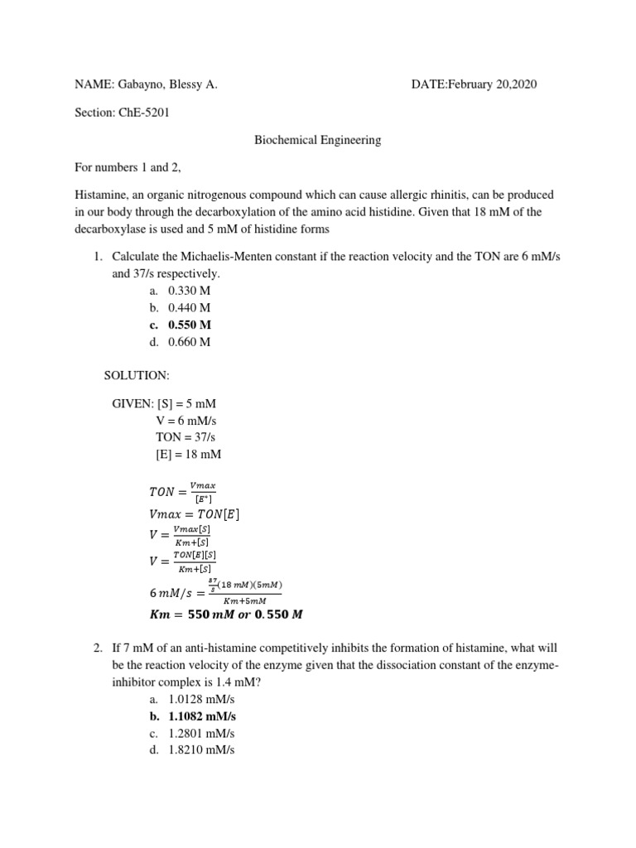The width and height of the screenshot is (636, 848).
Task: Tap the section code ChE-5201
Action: (x=146, y=113)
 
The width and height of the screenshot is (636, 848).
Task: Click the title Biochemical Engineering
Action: (x=317, y=140)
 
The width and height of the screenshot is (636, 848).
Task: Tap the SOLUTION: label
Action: (x=137, y=376)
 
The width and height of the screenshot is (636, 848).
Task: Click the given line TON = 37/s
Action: (x=185, y=437)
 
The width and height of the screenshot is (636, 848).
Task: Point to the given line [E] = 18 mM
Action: (x=188, y=454)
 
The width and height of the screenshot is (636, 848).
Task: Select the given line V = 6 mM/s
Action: (x=186, y=421)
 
